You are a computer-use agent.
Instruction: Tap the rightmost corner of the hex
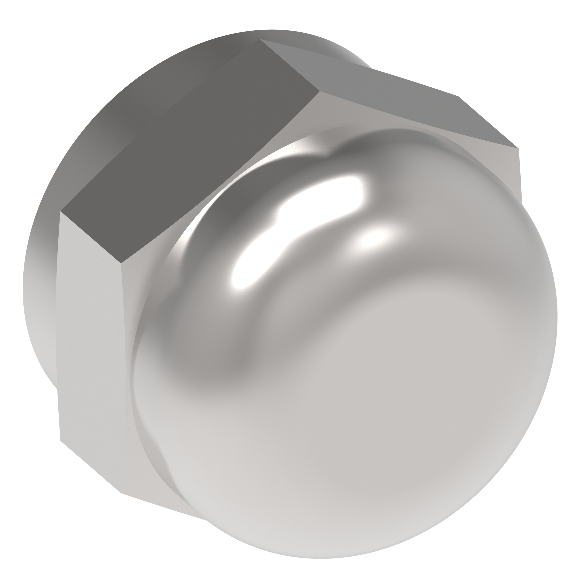(519, 148)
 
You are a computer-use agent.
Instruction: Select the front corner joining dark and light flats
(121, 263)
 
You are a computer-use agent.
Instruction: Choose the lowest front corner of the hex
(120, 493)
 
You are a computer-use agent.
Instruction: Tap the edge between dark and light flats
(91, 237)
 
